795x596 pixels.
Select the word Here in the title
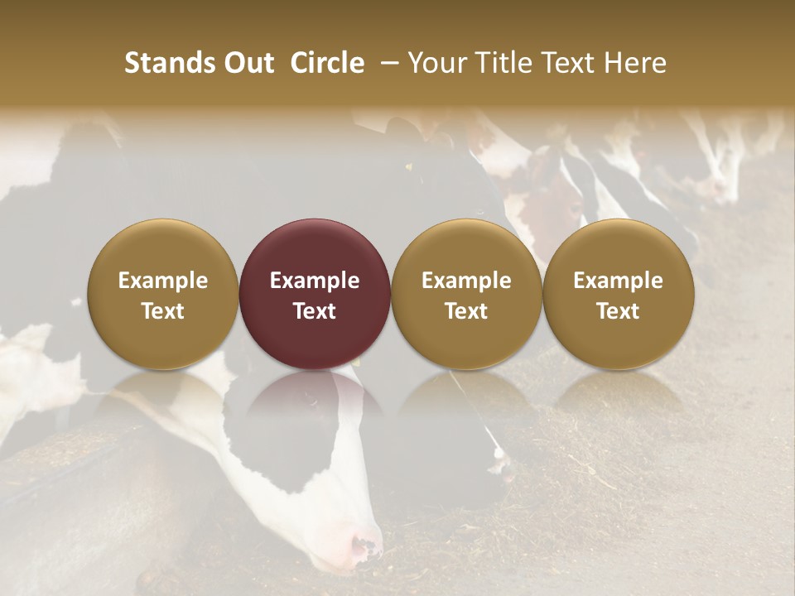coord(635,63)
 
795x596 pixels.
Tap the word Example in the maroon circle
coord(315,281)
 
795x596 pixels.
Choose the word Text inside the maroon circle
coord(315,311)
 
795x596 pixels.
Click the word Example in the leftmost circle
coord(163,281)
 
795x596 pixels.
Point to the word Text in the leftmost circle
coord(163,311)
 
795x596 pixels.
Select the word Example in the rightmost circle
coord(618,281)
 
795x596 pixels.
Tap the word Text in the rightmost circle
coord(618,311)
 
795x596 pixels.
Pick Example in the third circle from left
coord(466,281)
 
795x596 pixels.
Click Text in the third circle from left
coord(466,311)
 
